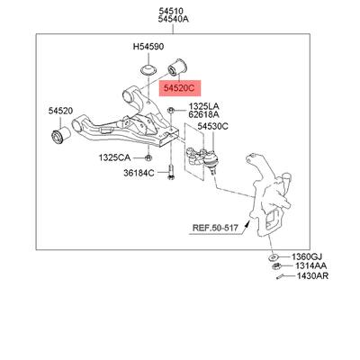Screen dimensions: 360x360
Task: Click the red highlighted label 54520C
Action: pyautogui.click(x=179, y=88)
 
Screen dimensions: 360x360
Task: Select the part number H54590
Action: pyautogui.click(x=148, y=47)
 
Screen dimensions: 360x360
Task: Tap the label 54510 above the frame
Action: pyautogui.click(x=171, y=12)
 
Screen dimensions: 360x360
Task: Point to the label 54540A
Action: pyautogui.click(x=174, y=20)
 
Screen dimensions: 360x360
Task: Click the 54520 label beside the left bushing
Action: pyautogui.click(x=60, y=111)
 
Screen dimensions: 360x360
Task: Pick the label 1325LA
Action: pyautogui.click(x=204, y=106)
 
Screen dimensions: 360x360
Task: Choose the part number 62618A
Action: pyautogui.click(x=203, y=114)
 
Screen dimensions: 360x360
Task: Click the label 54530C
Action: pyautogui.click(x=212, y=127)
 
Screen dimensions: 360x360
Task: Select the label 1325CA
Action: pyautogui.click(x=115, y=157)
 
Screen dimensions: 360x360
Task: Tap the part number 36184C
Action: pyautogui.click(x=139, y=173)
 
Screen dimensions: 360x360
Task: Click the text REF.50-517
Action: pyautogui.click(x=215, y=228)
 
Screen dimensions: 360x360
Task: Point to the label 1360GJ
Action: pyautogui.click(x=307, y=256)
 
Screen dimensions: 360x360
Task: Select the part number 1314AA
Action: pyautogui.click(x=311, y=265)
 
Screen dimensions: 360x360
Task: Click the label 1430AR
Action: pyautogui.click(x=312, y=275)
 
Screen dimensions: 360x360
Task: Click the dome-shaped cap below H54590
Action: pyautogui.click(x=148, y=69)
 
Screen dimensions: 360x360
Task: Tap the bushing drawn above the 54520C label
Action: pyautogui.click(x=177, y=67)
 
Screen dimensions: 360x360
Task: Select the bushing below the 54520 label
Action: pyautogui.click(x=61, y=135)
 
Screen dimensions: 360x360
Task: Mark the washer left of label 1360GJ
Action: pyautogui.click(x=273, y=257)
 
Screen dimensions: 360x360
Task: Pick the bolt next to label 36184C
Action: pyautogui.click(x=171, y=172)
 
